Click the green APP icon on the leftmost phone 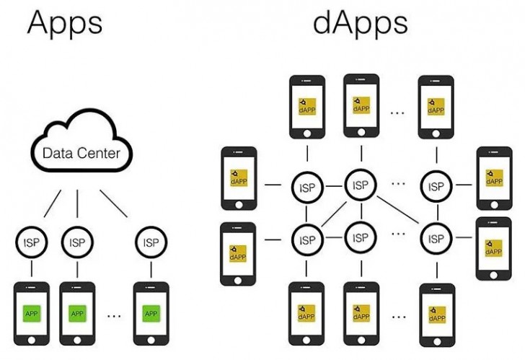32,313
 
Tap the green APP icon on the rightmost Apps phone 151,313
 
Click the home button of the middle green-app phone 77,339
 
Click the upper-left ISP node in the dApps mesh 306,187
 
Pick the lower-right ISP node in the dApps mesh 436,237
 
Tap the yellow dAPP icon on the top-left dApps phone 306,105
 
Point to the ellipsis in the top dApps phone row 397,112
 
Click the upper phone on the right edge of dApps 494,177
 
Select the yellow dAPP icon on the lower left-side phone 238,253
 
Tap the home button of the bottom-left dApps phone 306,338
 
